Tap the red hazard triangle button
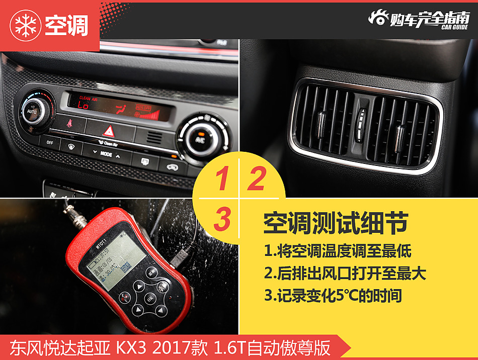click(108, 132)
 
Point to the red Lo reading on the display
click(83, 105)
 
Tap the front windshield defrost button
click(71, 146)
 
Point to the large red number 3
click(222, 219)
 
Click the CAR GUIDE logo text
click(455, 27)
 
